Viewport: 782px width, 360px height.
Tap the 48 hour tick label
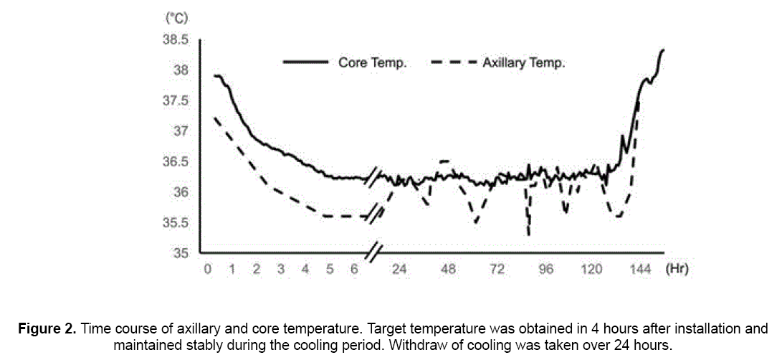[449, 270]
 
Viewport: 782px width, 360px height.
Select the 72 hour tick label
[497, 270]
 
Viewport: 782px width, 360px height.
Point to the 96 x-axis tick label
[546, 270]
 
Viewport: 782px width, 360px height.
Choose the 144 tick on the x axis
[640, 270]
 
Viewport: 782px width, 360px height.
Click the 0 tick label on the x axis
[208, 270]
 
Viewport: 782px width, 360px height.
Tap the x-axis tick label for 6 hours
[354, 270]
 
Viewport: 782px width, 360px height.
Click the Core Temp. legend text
[373, 63]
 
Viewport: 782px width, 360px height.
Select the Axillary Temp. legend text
[524, 63]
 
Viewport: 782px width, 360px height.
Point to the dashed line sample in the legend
[454, 62]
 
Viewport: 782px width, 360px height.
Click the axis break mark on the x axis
[374, 252]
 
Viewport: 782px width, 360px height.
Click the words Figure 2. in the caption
[47, 329]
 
